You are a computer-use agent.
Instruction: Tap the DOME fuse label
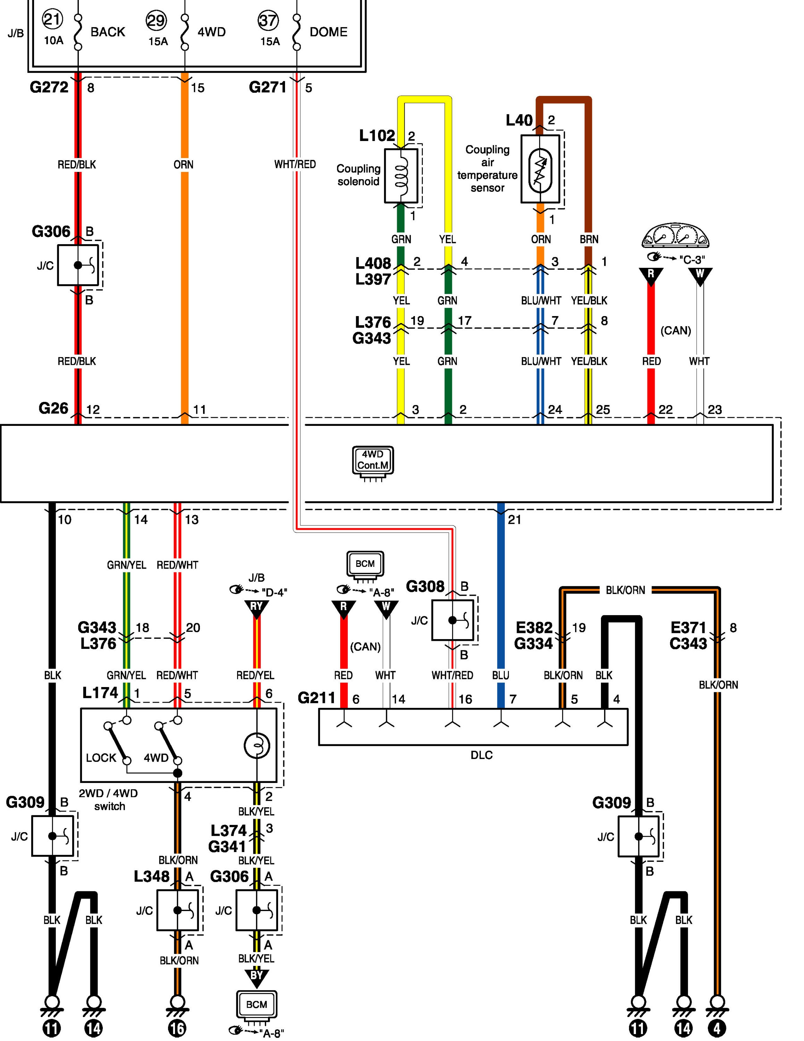(328, 32)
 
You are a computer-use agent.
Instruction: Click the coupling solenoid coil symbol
(401, 176)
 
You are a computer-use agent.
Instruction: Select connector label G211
(316, 698)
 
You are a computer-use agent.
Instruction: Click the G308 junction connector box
(452, 620)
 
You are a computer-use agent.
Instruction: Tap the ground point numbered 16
(177, 1028)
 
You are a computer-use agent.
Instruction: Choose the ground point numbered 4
(717, 1028)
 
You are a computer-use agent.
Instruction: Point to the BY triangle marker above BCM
(256, 976)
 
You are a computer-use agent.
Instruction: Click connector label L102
(376, 136)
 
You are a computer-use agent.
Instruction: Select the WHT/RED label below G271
(295, 164)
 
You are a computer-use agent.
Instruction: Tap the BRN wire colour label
(589, 239)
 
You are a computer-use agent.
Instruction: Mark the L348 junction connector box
(177, 910)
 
